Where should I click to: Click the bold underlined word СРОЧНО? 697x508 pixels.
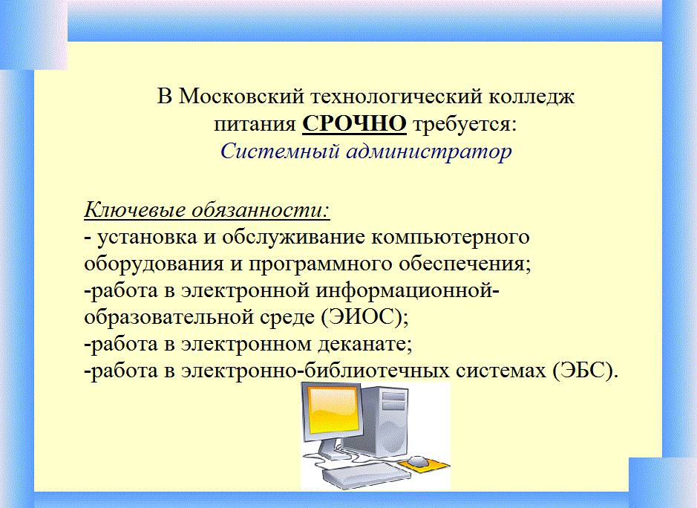coord(354,123)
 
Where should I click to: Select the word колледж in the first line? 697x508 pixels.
coord(531,97)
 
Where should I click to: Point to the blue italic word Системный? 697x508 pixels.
coord(280,151)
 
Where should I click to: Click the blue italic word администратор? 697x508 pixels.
coord(429,152)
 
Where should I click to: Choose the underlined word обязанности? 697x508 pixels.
coord(261,209)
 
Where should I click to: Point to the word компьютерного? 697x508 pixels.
coord(451,237)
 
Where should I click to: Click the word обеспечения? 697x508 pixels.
coord(464,264)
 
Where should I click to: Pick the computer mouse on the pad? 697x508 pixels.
coord(419,461)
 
